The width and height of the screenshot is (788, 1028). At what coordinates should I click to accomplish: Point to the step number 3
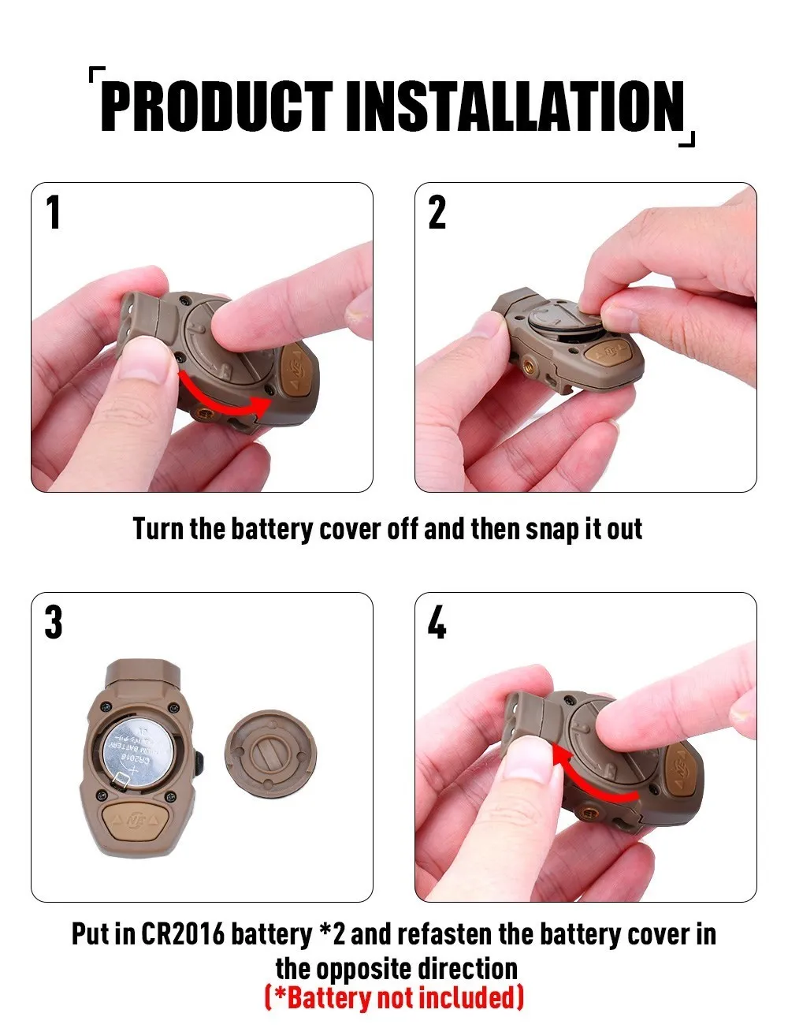[54, 622]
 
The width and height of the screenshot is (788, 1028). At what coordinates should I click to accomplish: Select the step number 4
[437, 622]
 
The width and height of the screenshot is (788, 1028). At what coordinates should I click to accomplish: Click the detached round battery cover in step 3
[271, 754]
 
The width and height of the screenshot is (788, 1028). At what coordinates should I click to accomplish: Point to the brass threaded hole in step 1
[205, 415]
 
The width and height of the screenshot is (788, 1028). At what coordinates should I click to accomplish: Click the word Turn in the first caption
[158, 528]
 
